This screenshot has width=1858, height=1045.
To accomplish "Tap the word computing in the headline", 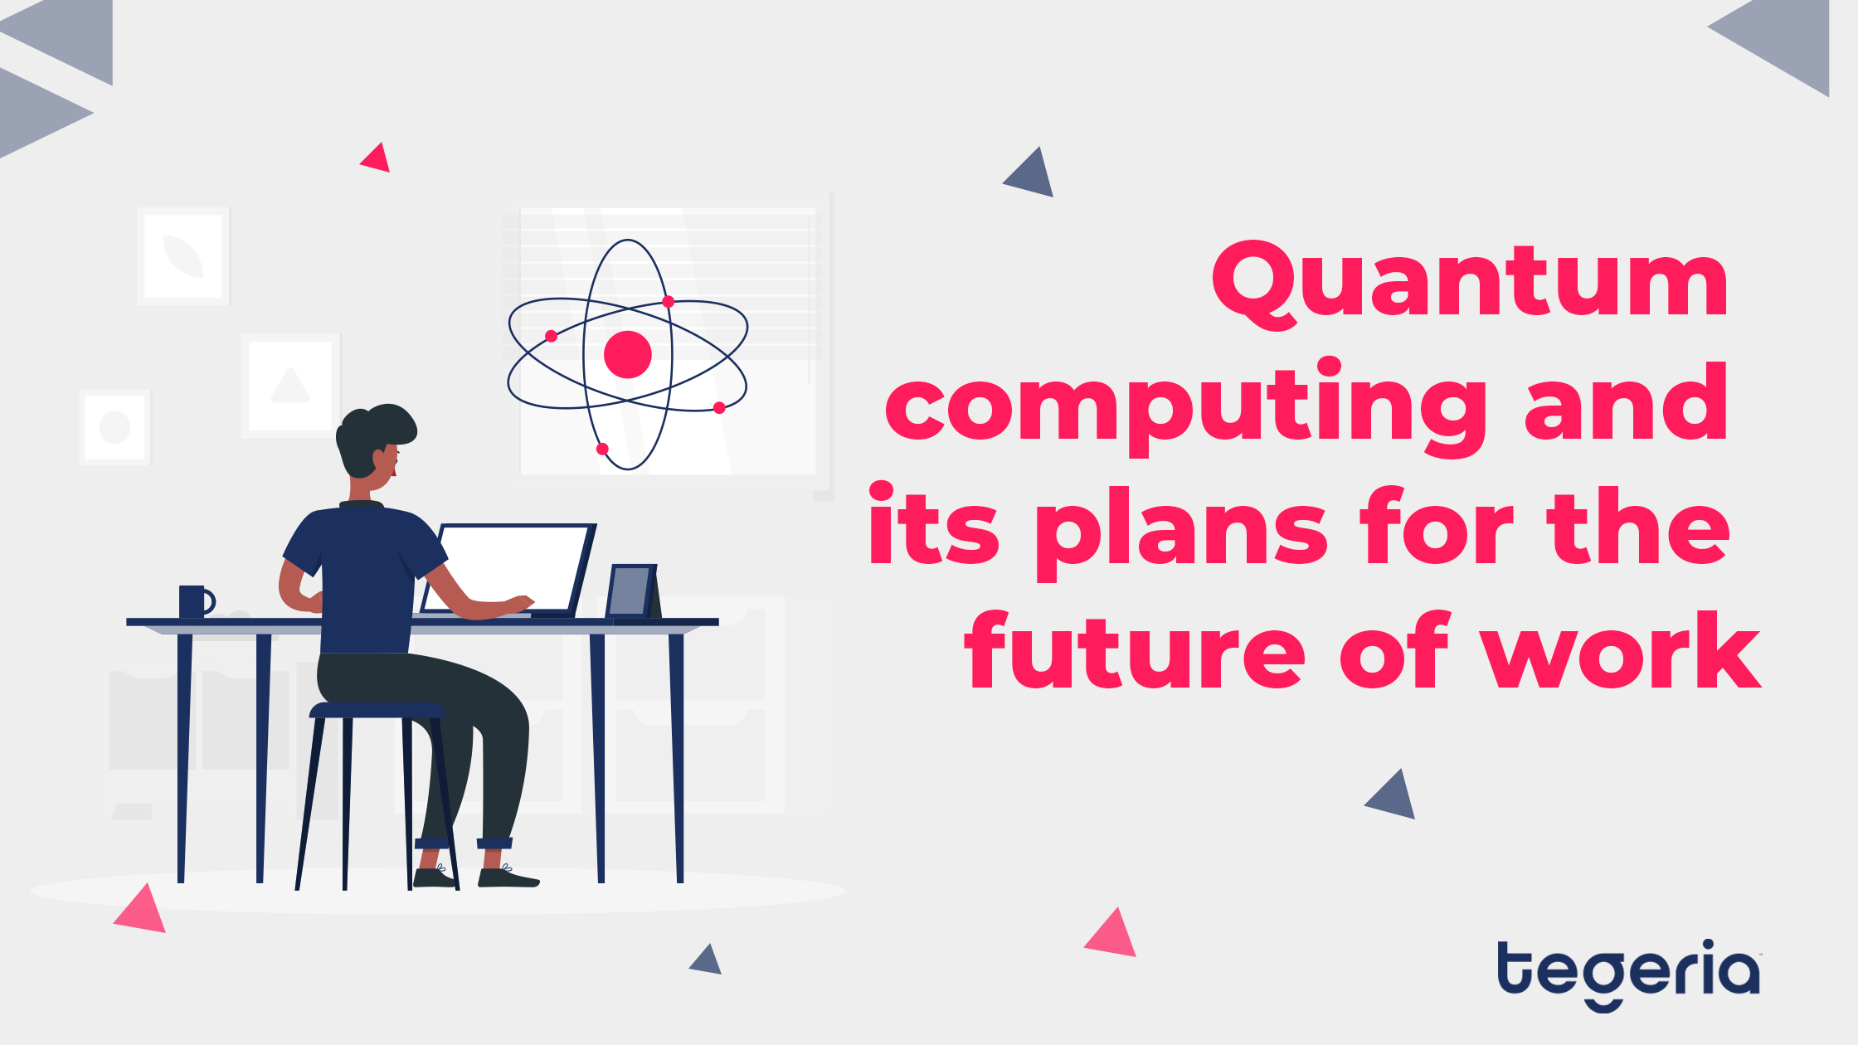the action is tap(1186, 408).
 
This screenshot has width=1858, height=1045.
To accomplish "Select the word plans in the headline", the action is tap(1181, 531).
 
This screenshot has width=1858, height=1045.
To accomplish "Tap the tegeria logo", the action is tap(1628, 975).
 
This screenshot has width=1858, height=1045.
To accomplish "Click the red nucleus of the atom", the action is tap(628, 354).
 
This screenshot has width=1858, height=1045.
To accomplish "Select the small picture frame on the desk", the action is tap(632, 591).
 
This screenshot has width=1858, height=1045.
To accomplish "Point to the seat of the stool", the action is tap(377, 711).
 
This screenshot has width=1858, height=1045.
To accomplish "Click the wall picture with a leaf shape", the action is tap(183, 256).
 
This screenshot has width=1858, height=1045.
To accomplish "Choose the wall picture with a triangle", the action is tap(290, 386).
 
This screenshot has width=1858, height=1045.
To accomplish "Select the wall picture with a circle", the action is tap(115, 427).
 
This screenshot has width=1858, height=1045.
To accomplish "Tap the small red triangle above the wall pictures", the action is tap(376, 158).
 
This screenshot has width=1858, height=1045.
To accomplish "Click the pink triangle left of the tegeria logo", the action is tap(1111, 935).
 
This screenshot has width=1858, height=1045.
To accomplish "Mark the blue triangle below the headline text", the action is tap(1392, 796).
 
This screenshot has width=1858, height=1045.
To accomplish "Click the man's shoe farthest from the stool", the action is tap(508, 877).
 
